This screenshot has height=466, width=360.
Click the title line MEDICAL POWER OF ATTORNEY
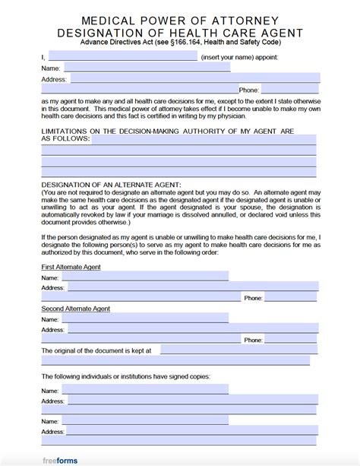pos(180,21)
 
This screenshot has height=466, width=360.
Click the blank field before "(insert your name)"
pos(122,56)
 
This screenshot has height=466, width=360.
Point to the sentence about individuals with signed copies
pos(125,376)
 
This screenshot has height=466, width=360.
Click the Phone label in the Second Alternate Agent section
pos(252,341)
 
